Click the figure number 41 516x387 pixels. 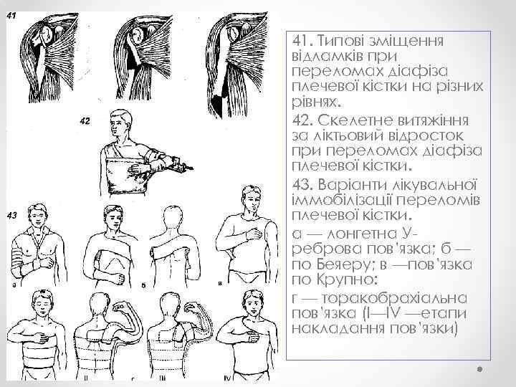tap(12, 6)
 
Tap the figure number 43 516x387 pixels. tap(11, 215)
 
